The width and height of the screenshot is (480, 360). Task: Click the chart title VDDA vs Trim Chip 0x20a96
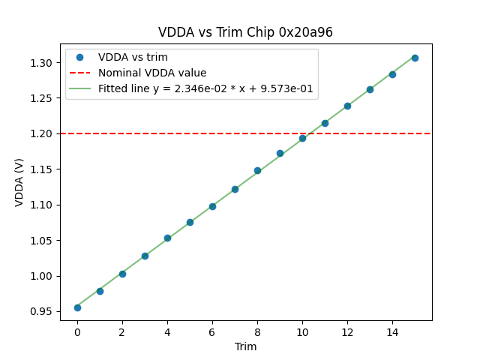click(245, 32)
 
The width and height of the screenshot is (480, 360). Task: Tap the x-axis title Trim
click(245, 346)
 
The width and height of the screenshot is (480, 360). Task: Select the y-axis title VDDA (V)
click(19, 181)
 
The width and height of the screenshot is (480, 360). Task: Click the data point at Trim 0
click(77, 307)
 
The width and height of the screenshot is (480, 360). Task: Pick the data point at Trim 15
click(415, 58)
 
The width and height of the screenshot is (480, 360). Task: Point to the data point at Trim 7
click(235, 189)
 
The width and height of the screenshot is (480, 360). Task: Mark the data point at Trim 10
click(302, 138)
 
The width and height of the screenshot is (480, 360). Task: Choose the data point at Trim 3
click(145, 256)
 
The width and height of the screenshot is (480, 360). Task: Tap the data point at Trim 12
click(347, 106)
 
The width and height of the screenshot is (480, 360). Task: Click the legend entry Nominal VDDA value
click(152, 73)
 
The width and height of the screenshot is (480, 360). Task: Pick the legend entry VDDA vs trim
click(133, 58)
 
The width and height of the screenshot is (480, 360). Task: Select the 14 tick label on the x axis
click(392, 332)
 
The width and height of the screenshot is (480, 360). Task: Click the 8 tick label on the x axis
click(257, 332)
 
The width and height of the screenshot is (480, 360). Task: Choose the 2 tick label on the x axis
click(122, 332)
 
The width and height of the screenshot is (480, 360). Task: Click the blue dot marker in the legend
click(80, 58)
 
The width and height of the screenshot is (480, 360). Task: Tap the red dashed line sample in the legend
click(80, 73)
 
